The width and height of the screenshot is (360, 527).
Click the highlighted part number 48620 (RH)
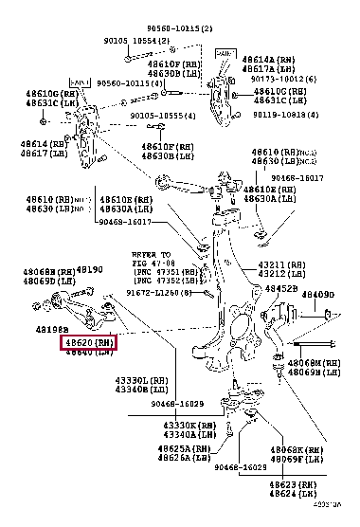88,342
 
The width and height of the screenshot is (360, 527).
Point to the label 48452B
281,288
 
